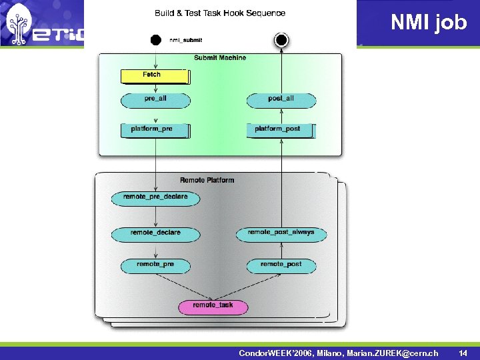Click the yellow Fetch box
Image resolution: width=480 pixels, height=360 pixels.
155,75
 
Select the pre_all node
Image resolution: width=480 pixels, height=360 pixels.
155,99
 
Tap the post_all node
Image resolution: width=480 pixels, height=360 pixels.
281,99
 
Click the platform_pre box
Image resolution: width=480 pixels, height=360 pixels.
155,129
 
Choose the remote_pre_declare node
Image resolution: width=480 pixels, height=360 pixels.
155,197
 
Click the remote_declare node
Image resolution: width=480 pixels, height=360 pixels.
155,233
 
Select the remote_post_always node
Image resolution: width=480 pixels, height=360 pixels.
281,233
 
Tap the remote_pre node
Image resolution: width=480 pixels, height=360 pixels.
155,265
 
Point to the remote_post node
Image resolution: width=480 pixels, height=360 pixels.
281,265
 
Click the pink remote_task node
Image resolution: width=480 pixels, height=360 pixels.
213,306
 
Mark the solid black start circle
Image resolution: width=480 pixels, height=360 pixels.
155,40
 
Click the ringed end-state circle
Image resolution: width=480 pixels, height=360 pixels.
281,40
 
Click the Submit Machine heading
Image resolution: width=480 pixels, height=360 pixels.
220,58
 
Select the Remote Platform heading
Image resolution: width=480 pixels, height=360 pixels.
207,180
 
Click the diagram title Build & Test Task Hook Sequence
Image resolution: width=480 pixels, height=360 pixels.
220,13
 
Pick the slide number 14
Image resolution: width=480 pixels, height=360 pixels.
463,352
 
